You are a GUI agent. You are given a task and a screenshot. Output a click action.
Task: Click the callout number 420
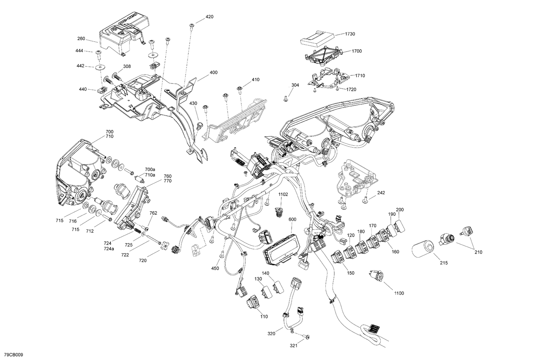point(209,17)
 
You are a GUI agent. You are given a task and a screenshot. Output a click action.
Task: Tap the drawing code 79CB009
point(12,355)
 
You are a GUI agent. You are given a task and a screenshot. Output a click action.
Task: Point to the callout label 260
point(81,39)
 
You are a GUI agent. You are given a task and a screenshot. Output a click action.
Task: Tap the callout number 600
point(292,219)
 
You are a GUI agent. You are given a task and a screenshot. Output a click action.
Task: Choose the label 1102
point(283,194)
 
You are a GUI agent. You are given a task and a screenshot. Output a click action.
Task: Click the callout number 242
point(381,193)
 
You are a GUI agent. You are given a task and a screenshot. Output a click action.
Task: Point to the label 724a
point(109,248)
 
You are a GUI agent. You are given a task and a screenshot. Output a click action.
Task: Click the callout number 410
point(255,79)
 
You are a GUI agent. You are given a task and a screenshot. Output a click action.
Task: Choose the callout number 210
point(478,252)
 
